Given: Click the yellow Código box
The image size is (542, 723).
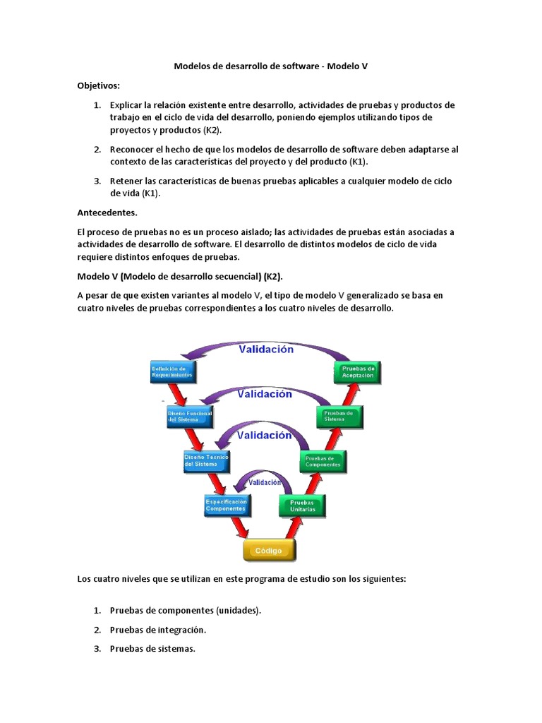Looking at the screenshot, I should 269,550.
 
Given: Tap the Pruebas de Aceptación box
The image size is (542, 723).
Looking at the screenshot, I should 357,373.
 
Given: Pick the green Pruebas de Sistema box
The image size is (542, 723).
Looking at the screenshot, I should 339,416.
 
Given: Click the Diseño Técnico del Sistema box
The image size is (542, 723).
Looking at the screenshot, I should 205,461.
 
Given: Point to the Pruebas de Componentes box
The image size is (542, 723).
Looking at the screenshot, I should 323,461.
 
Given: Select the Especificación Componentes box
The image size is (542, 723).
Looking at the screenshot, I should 226,505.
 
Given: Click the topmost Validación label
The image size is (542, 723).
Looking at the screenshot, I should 266,349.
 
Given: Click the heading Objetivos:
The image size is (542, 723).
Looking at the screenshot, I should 99,85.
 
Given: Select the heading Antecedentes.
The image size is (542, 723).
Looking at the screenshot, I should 107,212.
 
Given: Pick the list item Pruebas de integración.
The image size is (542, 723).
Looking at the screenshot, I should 158,629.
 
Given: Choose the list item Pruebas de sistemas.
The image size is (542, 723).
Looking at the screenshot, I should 152,648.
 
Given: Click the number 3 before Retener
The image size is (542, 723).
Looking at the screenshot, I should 97,181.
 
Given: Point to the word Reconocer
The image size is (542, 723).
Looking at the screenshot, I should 131,149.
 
